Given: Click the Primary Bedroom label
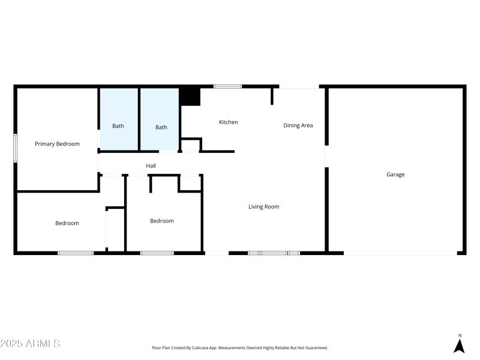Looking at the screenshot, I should click(57, 144).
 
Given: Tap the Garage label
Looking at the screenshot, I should click(395, 175).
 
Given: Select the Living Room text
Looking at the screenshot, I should click(264, 207).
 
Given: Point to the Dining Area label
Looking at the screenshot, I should click(298, 125).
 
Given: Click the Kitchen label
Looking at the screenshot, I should click(228, 122).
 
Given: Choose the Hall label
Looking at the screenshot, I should click(151, 166).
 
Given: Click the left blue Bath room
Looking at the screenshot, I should click(119, 119).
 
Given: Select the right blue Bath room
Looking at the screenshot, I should click(160, 119).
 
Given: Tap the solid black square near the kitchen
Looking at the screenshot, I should click(190, 97).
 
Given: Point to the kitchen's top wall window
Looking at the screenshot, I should click(228, 87).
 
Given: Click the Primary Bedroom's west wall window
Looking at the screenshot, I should click(16, 148).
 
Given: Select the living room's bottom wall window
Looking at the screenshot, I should click(274, 253).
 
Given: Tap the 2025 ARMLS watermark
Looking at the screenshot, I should click(30, 344).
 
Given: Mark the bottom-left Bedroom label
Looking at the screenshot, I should click(67, 223).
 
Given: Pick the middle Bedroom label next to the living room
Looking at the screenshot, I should click(161, 221).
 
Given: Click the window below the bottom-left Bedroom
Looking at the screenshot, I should click(76, 253).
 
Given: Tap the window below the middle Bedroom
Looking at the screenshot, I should click(157, 253).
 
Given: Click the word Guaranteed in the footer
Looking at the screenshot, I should click(314, 348).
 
